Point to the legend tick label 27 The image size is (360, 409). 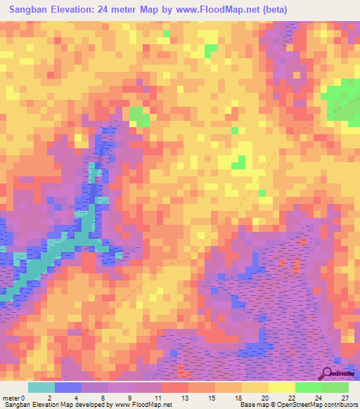345,397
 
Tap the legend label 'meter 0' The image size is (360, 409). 14,397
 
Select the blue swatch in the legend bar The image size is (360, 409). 68,387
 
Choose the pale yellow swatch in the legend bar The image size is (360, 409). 282,387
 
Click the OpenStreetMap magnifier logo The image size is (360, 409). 327,372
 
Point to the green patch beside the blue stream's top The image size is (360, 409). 139,116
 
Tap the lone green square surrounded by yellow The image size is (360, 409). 239,162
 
